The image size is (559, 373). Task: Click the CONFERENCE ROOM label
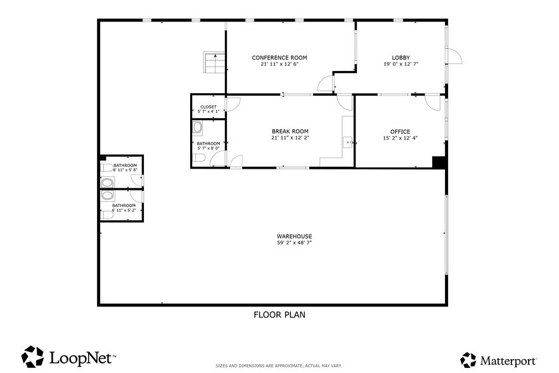click(279, 58)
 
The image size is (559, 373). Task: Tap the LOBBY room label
click(401, 58)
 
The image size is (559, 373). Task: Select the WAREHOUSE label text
click(294, 236)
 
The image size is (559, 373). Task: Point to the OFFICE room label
click(400, 132)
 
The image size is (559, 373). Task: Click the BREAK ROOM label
click(290, 131)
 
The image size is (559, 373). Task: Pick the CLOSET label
click(208, 107)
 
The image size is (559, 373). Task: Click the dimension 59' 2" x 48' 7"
click(294, 243)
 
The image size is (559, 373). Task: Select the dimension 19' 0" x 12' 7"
click(401, 64)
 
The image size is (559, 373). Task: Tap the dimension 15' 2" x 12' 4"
click(400, 138)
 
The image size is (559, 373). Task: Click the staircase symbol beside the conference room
click(215, 62)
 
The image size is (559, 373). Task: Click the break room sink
click(348, 143)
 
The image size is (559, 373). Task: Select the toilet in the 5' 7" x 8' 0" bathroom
click(198, 157)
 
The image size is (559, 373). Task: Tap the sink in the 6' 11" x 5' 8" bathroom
click(107, 183)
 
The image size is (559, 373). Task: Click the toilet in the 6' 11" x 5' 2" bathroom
click(107, 215)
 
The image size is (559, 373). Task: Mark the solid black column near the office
click(439, 162)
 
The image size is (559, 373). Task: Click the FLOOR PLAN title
click(279, 315)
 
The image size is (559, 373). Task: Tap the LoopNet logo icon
click(32, 357)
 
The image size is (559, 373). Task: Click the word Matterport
click(508, 361)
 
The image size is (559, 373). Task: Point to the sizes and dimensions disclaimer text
click(279, 366)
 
